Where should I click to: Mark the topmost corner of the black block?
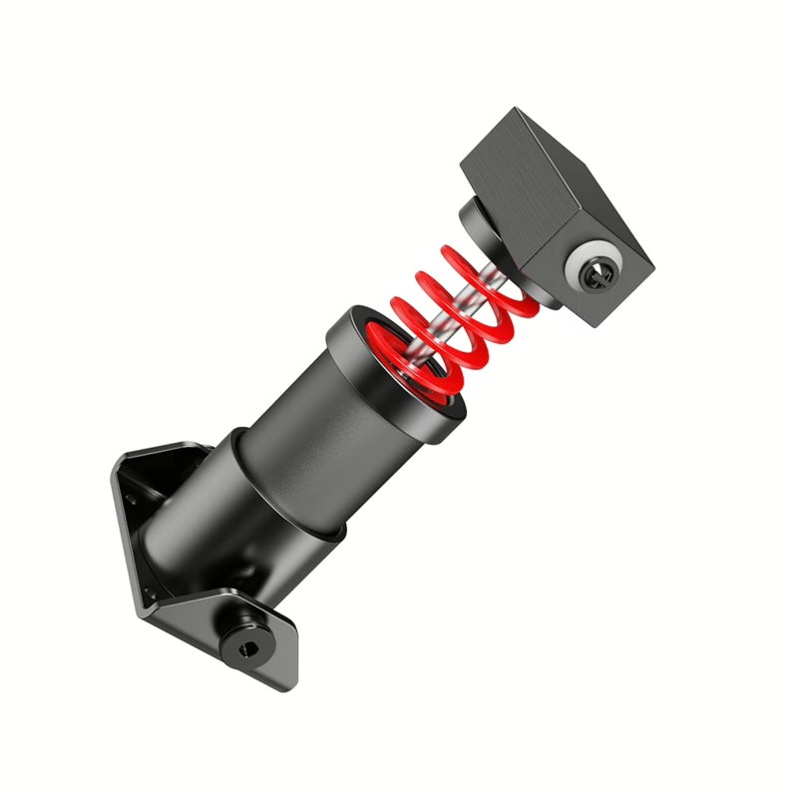(517, 110)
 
